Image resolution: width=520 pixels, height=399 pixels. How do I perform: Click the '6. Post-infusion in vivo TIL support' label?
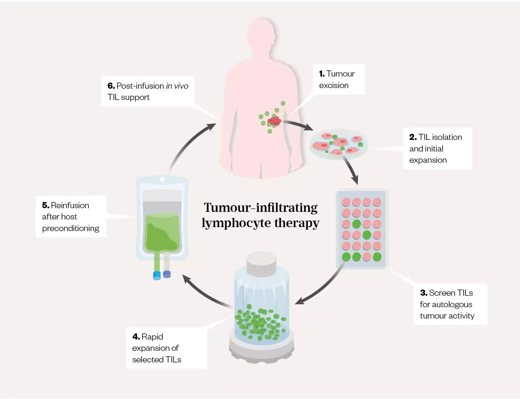pyautogui.click(x=148, y=91)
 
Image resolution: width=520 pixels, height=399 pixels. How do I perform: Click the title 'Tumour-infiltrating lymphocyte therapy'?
pyautogui.click(x=260, y=215)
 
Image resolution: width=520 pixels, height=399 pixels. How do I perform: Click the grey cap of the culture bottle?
pyautogui.click(x=261, y=264)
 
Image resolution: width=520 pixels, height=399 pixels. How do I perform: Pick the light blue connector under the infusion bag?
pyautogui.click(x=157, y=275)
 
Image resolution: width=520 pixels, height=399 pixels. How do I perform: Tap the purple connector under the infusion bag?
pyautogui.click(x=167, y=274)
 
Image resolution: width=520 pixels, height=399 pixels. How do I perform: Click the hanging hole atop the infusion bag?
pyautogui.click(x=162, y=180)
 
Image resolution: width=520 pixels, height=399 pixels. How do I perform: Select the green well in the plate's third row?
pyautogui.click(x=356, y=224)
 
